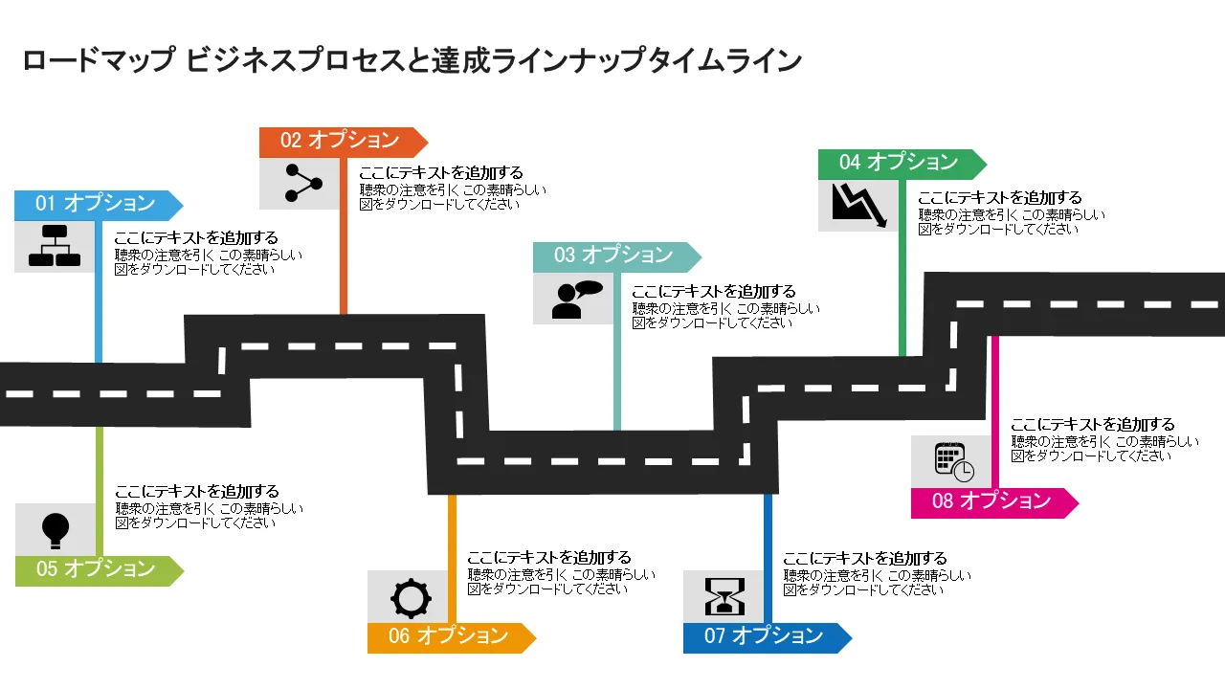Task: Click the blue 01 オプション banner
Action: click(x=96, y=204)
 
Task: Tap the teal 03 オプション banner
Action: click(x=613, y=256)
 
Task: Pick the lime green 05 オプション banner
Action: click(x=96, y=569)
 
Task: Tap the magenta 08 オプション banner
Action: click(x=991, y=501)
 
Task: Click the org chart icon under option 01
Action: click(x=55, y=246)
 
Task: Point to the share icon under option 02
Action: click(x=299, y=184)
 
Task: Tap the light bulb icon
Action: click(x=56, y=528)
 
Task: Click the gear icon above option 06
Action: click(x=410, y=598)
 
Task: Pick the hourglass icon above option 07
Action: click(x=724, y=597)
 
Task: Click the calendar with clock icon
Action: click(x=953, y=462)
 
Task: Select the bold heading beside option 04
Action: click(x=1000, y=197)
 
